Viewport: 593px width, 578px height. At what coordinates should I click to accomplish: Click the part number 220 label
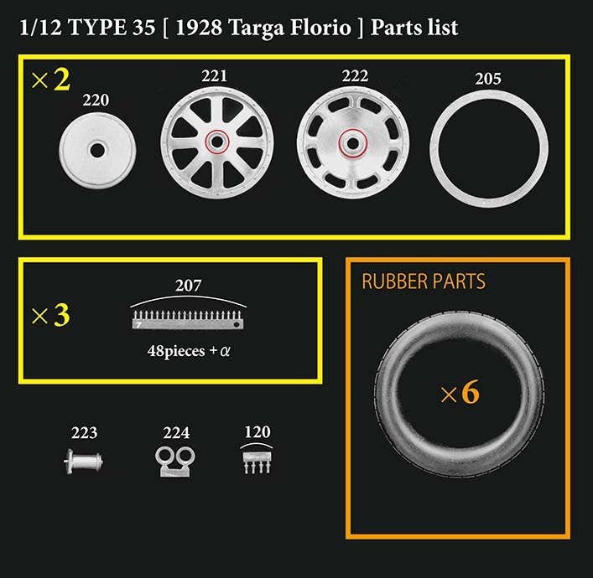tap(96, 101)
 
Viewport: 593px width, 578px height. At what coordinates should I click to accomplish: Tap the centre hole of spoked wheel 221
tap(217, 142)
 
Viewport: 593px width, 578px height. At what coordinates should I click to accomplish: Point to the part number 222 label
tap(355, 76)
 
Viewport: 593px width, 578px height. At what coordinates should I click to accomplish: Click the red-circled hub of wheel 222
tap(353, 142)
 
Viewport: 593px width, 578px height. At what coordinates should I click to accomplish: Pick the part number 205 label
tap(488, 79)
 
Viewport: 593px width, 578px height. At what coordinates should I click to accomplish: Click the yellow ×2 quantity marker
tap(50, 80)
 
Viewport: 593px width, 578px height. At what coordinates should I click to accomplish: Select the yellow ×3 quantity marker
tap(50, 315)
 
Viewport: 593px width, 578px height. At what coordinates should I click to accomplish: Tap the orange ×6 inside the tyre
tap(460, 392)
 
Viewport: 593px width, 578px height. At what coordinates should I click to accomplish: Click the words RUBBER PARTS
tap(424, 281)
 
